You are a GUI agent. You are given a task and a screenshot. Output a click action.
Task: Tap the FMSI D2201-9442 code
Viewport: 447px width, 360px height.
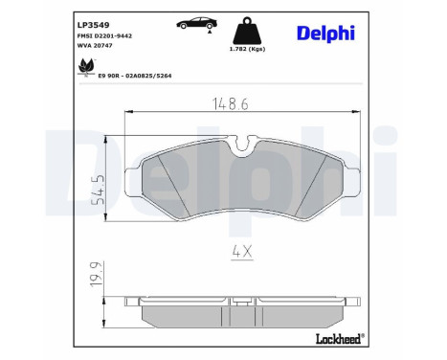click(104, 35)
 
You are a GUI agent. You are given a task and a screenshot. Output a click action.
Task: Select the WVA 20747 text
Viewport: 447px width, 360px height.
click(95, 47)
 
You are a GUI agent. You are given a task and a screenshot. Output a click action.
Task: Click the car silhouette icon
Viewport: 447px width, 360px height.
click(181, 21)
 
